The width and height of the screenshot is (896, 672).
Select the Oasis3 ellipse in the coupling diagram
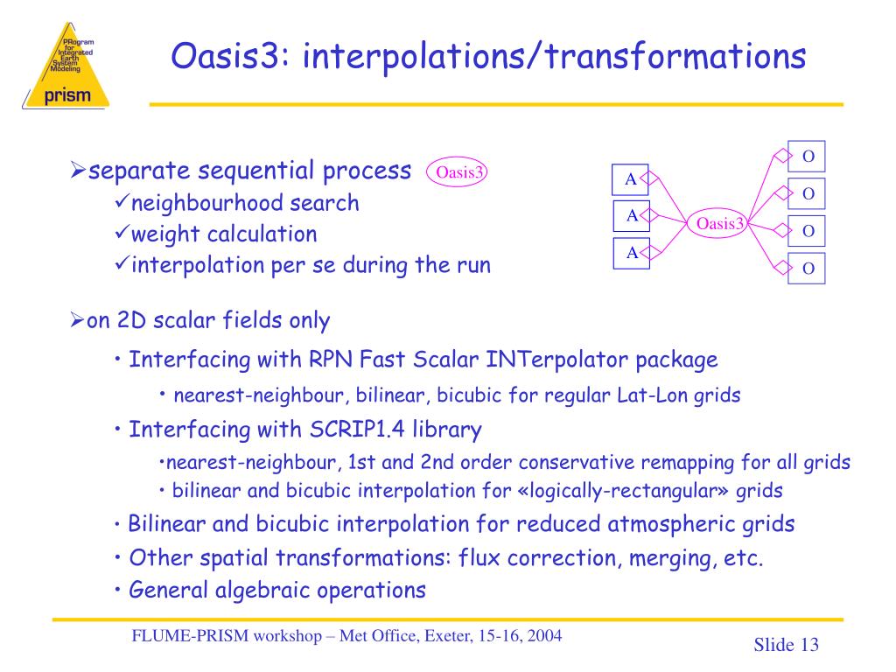coord(719,224)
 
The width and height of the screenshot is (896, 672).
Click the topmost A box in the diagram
coord(630,179)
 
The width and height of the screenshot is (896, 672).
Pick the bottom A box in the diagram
coord(631,253)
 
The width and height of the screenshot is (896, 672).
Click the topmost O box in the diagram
coord(808,157)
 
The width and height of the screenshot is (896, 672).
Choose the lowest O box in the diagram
coord(808,269)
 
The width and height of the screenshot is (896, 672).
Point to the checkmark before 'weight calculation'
coord(122,234)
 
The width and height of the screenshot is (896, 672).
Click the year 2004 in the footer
coord(543,636)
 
